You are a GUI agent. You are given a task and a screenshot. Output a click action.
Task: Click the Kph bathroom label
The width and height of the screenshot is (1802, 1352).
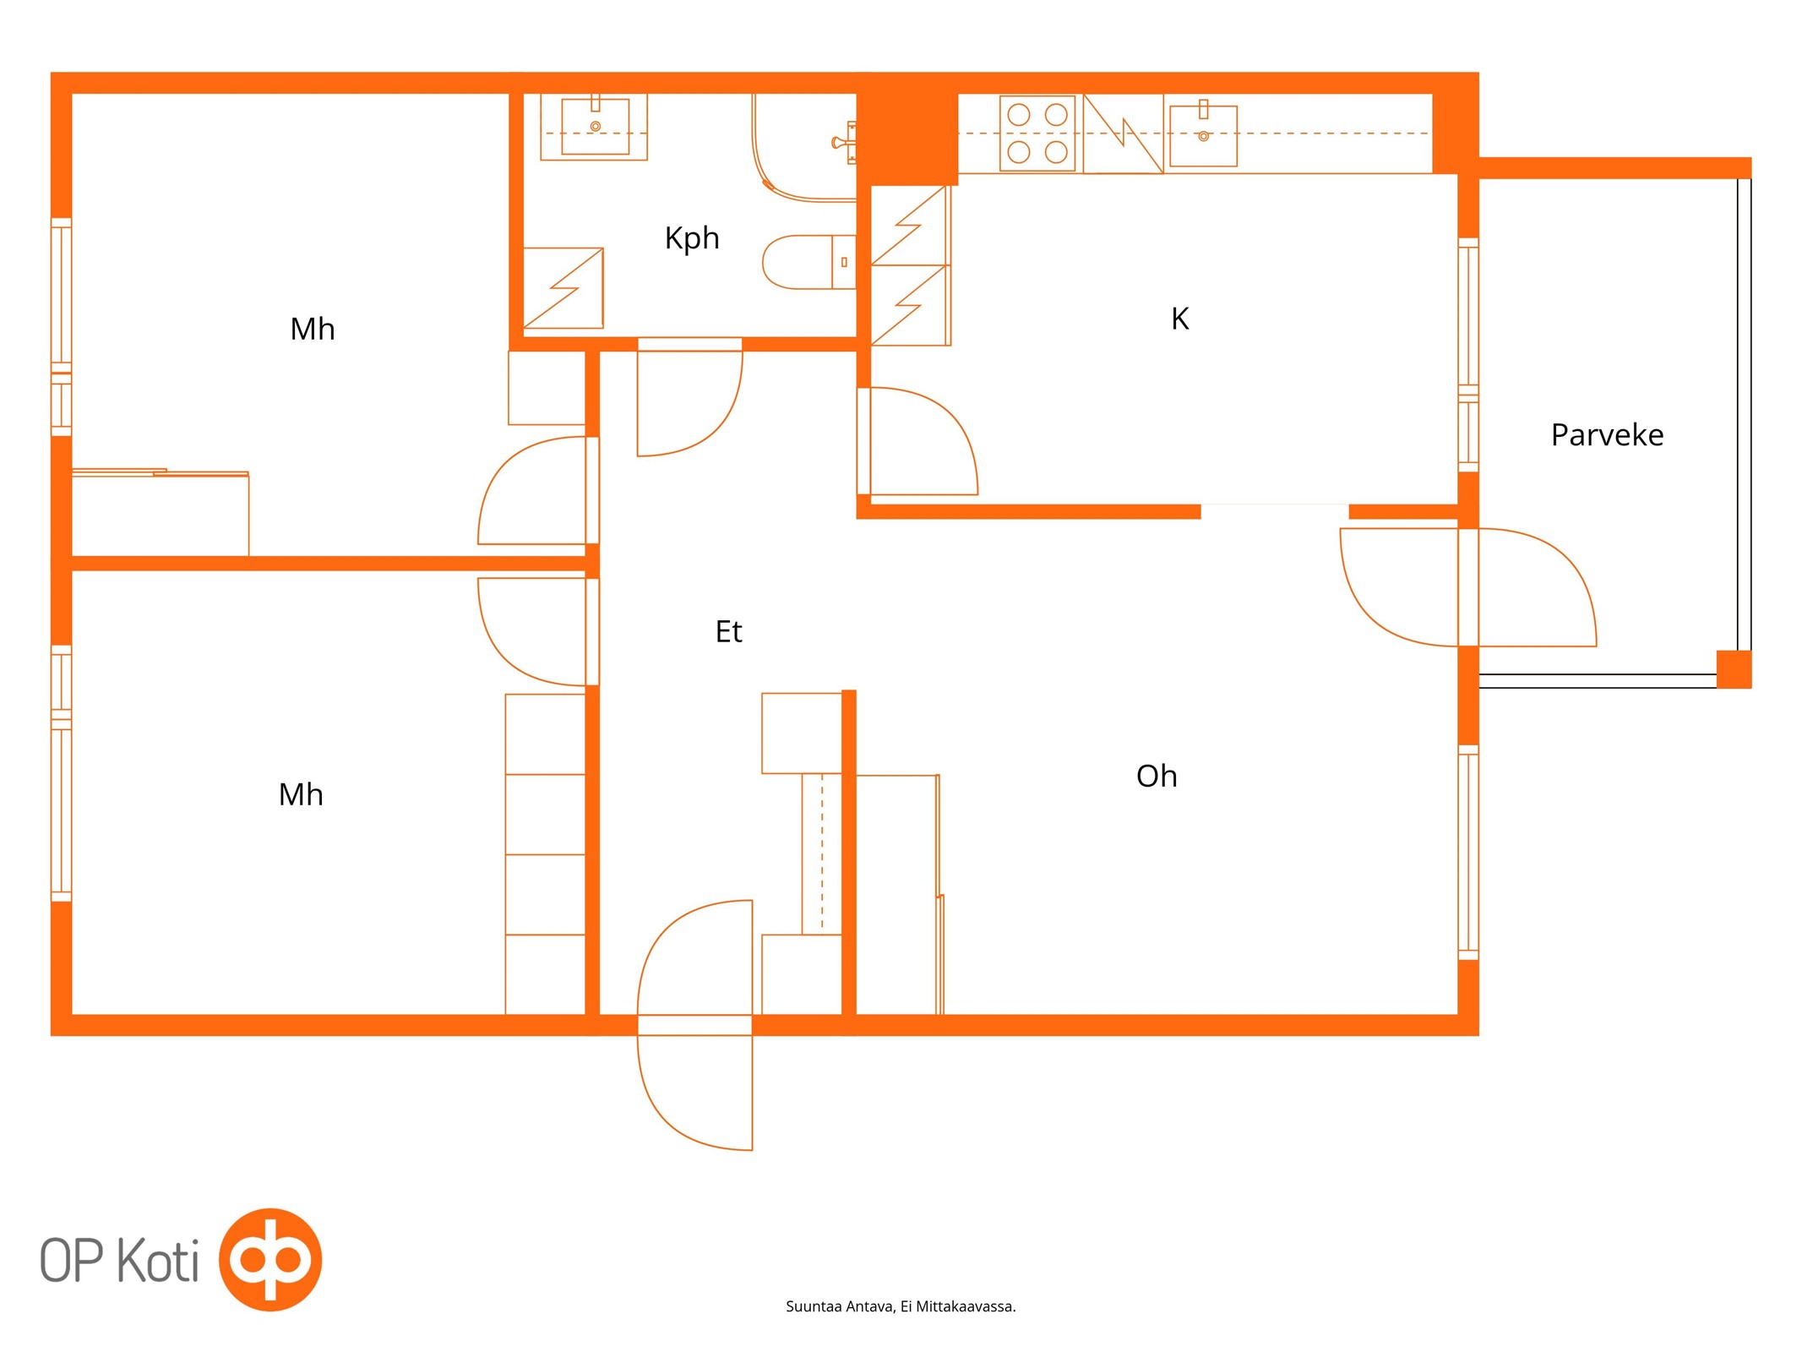692,238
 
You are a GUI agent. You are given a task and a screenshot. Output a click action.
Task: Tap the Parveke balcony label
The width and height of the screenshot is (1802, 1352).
1607,435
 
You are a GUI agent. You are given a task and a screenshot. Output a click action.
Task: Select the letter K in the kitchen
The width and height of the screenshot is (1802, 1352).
1180,319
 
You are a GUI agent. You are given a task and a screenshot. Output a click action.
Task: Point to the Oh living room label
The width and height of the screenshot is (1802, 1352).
1157,776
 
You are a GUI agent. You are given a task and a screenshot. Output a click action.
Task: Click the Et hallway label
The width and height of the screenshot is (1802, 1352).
728,631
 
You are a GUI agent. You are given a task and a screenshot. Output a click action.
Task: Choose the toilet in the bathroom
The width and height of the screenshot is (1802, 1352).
809,262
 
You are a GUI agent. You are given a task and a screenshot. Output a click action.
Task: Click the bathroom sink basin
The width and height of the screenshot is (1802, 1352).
595,127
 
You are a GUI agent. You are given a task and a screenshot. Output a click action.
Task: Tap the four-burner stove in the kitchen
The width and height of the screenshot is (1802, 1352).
1037,134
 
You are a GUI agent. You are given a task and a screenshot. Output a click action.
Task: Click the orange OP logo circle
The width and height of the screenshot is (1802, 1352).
270,1259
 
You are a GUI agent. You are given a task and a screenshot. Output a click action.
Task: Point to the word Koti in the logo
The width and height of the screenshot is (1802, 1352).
158,1261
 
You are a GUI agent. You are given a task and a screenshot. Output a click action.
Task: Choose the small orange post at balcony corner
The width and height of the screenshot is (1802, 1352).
1734,669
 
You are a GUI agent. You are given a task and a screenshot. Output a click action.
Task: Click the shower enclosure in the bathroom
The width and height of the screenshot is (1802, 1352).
804,148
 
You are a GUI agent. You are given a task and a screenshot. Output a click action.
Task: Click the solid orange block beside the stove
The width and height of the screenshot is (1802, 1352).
907,128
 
